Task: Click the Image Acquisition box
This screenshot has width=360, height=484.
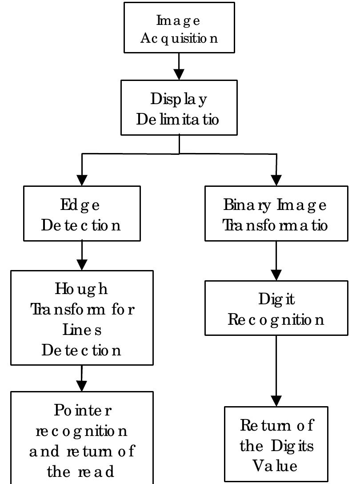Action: (179, 28)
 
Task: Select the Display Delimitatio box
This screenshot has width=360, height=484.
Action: (179, 107)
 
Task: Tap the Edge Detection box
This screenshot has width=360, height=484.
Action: (82, 214)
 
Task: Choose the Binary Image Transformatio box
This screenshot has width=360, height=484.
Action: (276, 214)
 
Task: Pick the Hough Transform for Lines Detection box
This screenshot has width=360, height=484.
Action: (82, 318)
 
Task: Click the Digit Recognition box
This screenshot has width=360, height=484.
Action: (276, 308)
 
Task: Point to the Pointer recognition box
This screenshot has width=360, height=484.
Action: (82, 438)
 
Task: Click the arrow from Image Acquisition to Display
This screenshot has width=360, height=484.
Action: (179, 67)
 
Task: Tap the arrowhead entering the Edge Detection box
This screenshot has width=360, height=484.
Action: (82, 180)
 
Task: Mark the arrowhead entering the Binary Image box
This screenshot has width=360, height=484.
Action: (276, 180)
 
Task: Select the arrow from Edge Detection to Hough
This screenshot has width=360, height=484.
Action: (82, 256)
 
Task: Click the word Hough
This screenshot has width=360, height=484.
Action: (81, 290)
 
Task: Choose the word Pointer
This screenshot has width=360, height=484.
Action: (83, 410)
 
